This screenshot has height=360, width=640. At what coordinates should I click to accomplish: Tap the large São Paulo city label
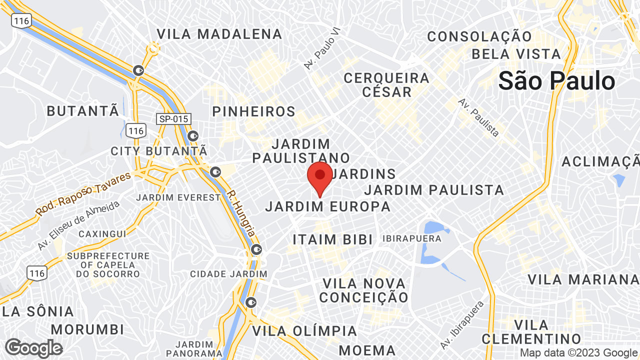(x=556, y=81)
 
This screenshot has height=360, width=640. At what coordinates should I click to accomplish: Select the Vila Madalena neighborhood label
(x=219, y=34)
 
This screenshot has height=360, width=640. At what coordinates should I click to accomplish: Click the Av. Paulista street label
(x=478, y=117)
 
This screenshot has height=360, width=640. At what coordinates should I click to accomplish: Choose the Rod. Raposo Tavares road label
(x=83, y=194)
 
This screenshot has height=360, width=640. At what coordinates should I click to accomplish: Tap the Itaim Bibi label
(x=333, y=239)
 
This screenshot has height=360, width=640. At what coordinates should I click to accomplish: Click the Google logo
(x=33, y=348)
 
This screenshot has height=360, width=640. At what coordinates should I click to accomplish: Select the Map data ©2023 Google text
(x=578, y=352)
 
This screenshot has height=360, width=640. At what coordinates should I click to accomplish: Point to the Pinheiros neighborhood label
(x=254, y=111)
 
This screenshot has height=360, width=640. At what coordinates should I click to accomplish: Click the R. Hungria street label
(x=241, y=213)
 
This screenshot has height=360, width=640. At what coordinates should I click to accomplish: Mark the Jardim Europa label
(x=328, y=206)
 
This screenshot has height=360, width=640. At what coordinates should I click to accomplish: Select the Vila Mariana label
(x=583, y=279)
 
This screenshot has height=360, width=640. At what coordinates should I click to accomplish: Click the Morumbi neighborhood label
(x=87, y=329)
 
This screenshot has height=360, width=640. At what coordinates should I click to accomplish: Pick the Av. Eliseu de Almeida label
(x=78, y=226)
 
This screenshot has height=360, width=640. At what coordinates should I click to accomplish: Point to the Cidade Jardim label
(x=228, y=274)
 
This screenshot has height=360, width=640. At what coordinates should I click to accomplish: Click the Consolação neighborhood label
(x=479, y=36)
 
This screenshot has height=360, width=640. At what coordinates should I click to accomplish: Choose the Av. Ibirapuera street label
(x=462, y=325)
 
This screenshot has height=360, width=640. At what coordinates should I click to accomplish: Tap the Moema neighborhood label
(x=367, y=350)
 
